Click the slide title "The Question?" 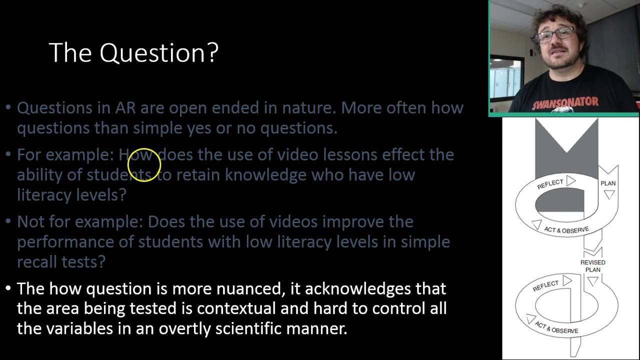click(x=133, y=52)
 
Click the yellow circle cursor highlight click(x=144, y=165)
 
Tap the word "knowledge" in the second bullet click(x=265, y=174)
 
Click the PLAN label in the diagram click(x=608, y=183)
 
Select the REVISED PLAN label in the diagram click(x=592, y=266)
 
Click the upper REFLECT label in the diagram click(x=550, y=184)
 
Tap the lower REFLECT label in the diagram click(x=545, y=286)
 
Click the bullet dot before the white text click(x=8, y=289)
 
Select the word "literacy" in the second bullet click(x=44, y=194)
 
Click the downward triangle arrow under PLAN click(x=608, y=194)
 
